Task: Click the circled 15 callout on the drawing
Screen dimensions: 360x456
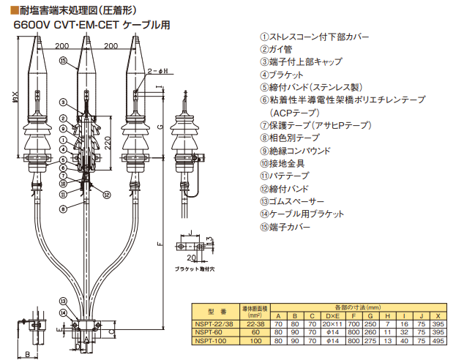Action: point(63,61)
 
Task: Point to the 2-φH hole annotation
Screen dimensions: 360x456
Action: point(159,70)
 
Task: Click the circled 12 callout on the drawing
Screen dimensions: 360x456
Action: point(107,195)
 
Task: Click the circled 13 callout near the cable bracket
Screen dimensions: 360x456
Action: point(63,301)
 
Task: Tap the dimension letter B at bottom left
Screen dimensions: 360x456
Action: point(28,354)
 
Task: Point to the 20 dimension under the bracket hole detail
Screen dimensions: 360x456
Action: point(190,258)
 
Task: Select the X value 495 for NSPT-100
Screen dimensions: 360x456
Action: point(438,341)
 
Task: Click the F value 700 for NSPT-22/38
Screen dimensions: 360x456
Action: point(354,323)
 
